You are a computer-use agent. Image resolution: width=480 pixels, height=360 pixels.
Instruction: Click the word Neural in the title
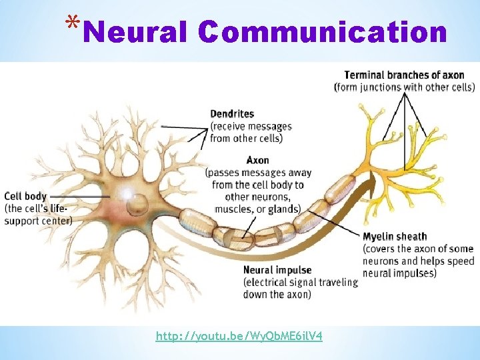coord(136,31)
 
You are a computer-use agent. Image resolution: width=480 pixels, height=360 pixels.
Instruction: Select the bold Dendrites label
coord(232,114)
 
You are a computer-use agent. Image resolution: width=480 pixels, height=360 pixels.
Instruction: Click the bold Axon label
coord(257,161)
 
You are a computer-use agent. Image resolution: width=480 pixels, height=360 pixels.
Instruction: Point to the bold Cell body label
coord(25,196)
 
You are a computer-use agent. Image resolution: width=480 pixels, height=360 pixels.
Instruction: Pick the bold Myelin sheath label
coord(395,237)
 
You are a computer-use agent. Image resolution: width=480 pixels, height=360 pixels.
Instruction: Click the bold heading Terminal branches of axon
coord(404,75)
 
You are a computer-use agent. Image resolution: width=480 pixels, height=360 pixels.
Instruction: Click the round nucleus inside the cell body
coord(138,202)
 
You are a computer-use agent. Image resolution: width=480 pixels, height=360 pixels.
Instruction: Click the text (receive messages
coord(251,126)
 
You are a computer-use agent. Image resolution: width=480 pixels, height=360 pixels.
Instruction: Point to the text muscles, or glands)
coord(257,209)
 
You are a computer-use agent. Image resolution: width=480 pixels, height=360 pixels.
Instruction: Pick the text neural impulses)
coord(400,273)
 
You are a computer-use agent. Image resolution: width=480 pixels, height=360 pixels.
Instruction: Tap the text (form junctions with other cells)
coord(404,87)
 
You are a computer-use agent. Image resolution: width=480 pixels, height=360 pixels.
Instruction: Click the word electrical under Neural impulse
coord(267,282)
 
